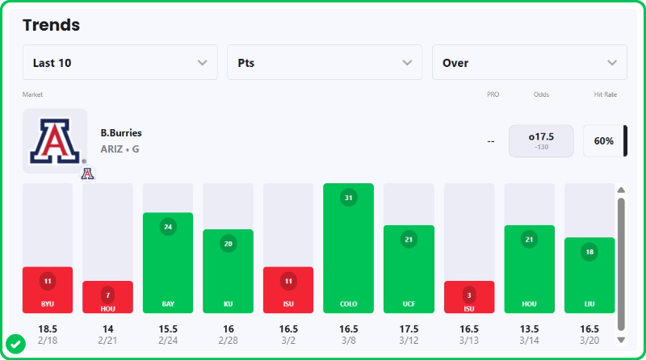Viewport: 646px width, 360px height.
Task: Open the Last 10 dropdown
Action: tap(120, 63)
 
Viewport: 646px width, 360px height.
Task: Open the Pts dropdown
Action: tap(325, 63)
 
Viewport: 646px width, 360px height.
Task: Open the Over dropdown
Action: tap(530, 63)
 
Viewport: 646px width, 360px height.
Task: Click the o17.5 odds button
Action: tap(541, 140)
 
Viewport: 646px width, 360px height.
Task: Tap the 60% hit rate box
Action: tap(603, 140)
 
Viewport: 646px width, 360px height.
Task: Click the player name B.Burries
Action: tap(121, 132)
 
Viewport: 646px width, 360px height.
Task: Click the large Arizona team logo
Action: tap(55, 140)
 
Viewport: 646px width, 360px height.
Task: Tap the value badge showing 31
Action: tap(348, 198)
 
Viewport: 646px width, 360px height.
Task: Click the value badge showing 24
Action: tap(168, 226)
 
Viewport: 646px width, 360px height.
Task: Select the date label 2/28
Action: tap(228, 341)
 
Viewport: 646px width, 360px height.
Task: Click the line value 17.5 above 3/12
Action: tap(409, 329)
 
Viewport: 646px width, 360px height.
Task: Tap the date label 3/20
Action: tap(589, 341)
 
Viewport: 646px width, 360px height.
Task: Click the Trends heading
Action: tap(51, 25)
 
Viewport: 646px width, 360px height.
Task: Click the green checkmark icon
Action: tap(15, 343)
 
